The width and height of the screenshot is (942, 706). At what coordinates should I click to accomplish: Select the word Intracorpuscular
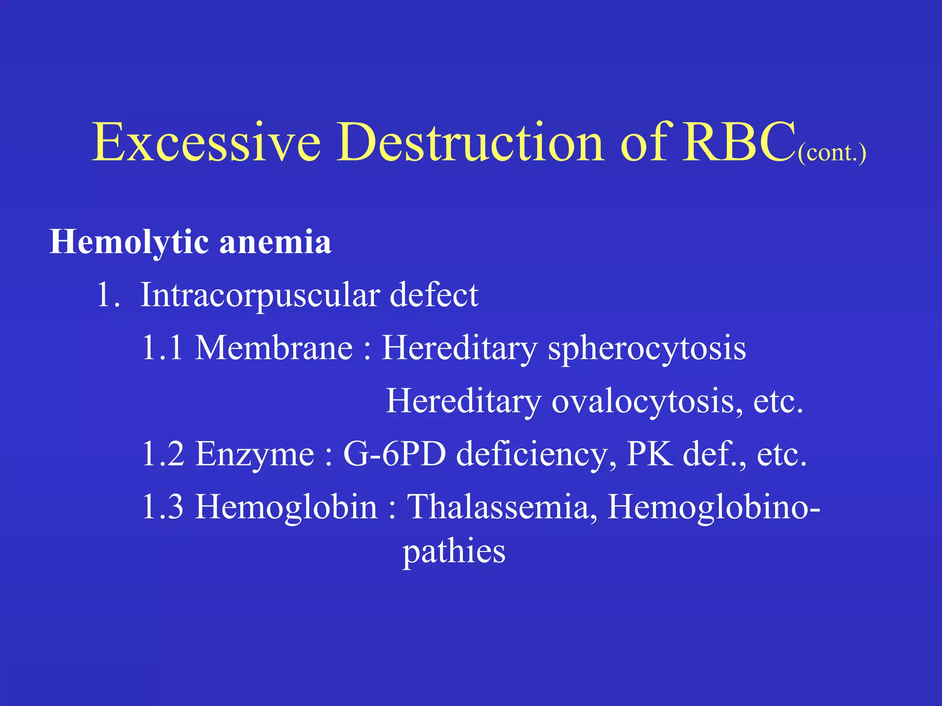(x=260, y=295)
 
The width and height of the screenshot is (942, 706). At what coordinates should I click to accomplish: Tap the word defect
(x=434, y=295)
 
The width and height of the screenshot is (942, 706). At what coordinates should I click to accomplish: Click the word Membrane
(x=274, y=347)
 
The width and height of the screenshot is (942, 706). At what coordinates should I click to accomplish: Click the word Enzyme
(x=255, y=454)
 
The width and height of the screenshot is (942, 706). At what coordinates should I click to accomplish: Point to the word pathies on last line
(x=454, y=552)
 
